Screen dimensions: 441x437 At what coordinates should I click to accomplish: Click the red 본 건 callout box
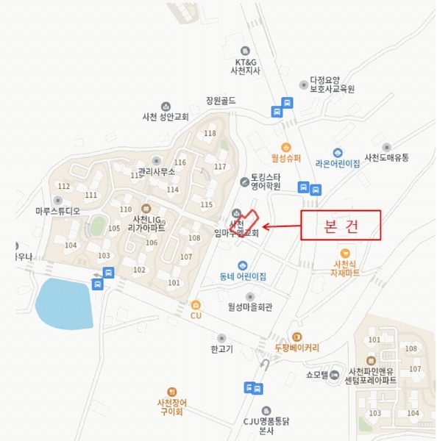(x=341, y=225)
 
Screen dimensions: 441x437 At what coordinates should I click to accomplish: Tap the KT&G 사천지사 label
(x=242, y=66)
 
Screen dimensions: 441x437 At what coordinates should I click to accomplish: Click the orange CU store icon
(x=195, y=304)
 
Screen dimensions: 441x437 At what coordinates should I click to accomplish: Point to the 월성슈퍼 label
(x=288, y=157)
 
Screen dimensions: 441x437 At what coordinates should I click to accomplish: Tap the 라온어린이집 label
(x=337, y=164)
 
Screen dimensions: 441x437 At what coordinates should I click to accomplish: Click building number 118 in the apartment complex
(x=210, y=133)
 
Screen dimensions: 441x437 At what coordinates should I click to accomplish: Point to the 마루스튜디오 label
(x=57, y=210)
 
